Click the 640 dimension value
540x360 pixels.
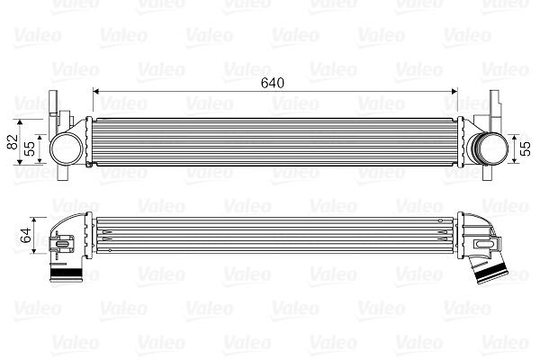[x=273, y=83]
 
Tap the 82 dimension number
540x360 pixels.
[x=13, y=141]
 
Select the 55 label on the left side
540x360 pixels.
[x=31, y=148]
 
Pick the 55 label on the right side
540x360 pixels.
[x=526, y=148]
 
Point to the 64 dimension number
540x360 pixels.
[x=26, y=236]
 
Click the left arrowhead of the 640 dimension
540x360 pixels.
[x=96, y=91]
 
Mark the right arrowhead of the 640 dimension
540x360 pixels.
[x=454, y=91]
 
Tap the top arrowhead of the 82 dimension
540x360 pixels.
[x=20, y=123]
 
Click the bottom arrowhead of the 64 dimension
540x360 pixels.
[x=34, y=251]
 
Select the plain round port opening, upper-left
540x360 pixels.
[x=67, y=149]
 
